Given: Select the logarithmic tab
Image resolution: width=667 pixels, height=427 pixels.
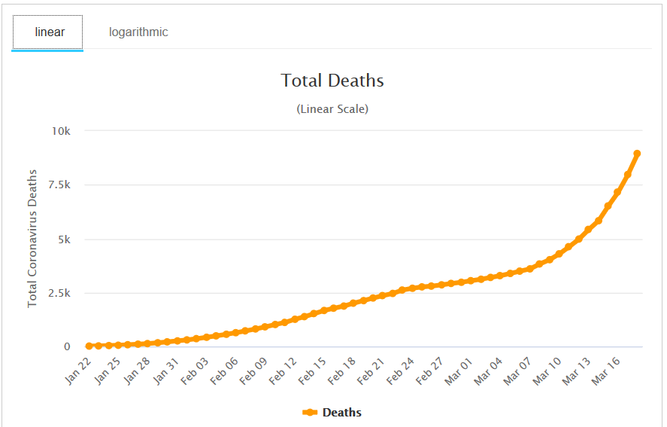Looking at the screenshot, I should tap(138, 32).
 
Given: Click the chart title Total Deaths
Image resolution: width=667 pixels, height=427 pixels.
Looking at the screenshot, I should tap(332, 81).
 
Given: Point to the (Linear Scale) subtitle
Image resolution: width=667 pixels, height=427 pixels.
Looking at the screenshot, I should tap(332, 109).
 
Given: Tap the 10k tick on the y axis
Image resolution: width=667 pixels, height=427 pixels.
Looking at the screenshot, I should tap(60, 131).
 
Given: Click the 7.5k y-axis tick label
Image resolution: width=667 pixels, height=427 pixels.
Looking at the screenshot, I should tap(58, 185).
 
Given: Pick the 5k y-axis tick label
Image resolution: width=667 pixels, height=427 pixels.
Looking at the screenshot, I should tap(63, 239).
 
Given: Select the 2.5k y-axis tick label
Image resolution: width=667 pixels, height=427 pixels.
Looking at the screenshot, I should tap(58, 294).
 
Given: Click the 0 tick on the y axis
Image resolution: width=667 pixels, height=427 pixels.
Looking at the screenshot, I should tap(67, 347).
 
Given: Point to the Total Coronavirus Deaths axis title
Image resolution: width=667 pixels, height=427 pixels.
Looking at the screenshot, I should tap(32, 238).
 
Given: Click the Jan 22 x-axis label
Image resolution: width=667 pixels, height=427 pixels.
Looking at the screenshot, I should tap(79, 370).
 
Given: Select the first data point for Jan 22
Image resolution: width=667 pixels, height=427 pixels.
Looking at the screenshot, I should tap(89, 346).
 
